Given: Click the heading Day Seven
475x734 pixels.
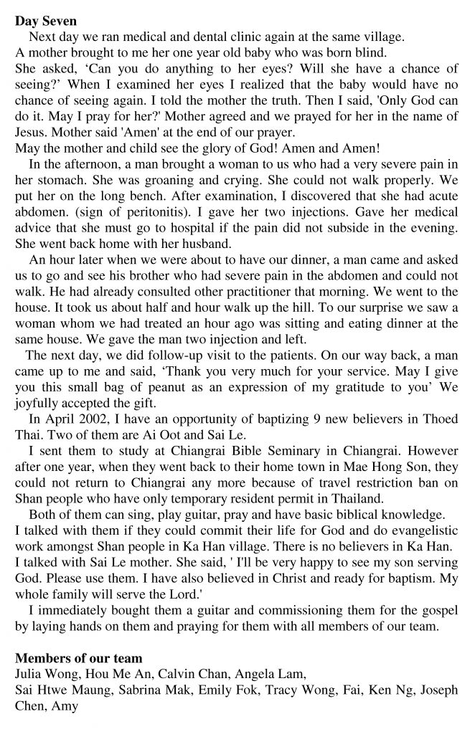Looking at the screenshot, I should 46,22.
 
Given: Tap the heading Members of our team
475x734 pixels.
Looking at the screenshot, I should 78,658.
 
